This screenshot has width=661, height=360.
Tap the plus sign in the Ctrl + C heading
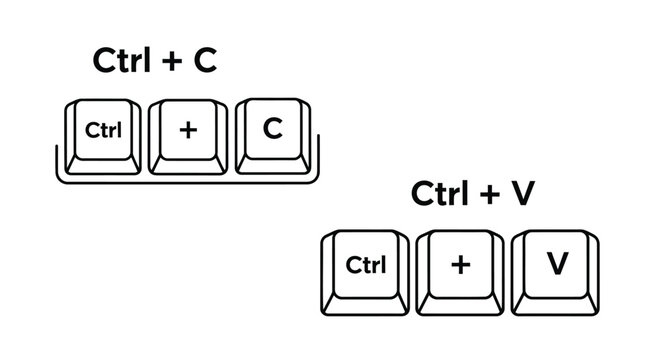[172, 62]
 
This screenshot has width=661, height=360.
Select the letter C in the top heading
[204, 61]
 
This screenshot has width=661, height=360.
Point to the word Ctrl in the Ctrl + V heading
[441, 195]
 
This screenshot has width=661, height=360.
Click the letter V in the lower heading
[522, 195]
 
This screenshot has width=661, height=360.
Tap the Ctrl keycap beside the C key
[102, 134]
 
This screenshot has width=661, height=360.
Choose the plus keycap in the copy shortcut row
[187, 134]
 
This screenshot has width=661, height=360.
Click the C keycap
[271, 134]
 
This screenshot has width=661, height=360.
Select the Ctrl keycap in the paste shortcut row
[365, 268]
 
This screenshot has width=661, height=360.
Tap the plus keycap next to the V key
[459, 268]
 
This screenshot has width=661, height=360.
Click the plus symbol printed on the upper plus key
[187, 129]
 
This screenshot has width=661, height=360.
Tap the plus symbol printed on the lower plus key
[459, 263]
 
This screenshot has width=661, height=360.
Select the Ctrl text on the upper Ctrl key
[102, 129]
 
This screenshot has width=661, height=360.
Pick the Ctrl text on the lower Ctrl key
[365, 264]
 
